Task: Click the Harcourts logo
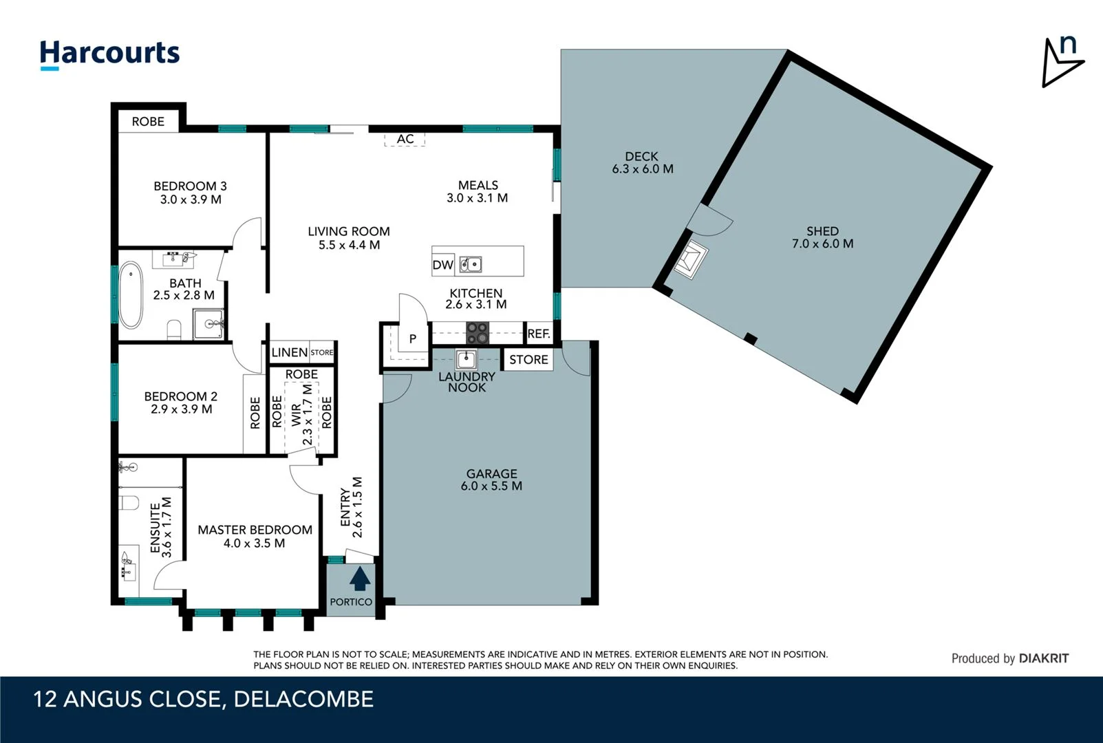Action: tap(109, 54)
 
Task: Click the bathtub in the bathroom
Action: tap(131, 296)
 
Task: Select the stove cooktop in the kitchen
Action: tap(478, 333)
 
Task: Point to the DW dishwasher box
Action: tap(442, 265)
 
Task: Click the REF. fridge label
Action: tap(539, 334)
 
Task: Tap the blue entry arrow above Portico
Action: tap(359, 579)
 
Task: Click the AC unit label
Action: tap(405, 139)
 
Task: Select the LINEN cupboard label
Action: tap(290, 352)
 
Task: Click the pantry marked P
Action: tap(413, 338)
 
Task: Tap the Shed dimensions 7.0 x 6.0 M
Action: tap(822, 244)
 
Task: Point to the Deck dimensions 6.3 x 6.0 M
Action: tap(642, 169)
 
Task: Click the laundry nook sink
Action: tap(467, 360)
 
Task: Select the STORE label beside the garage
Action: tap(528, 360)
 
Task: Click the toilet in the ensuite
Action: tap(129, 502)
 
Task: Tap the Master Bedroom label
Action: tap(255, 530)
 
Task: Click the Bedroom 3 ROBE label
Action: tap(148, 121)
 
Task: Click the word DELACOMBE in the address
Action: tap(303, 699)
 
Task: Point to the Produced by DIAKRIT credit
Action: tap(1009, 658)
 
